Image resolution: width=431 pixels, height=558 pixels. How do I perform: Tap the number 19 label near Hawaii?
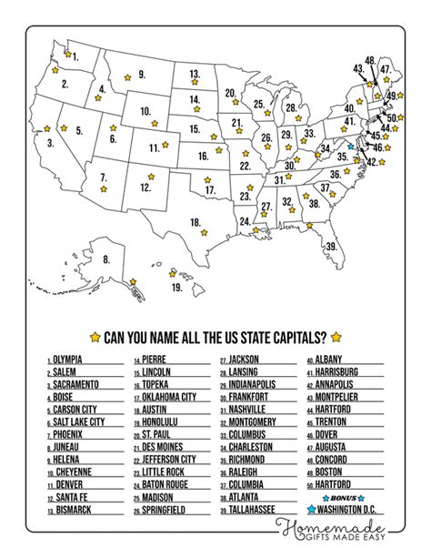(x=176, y=288)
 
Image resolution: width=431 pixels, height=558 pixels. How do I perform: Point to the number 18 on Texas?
(x=195, y=222)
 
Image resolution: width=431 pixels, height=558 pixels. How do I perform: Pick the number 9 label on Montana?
(x=142, y=74)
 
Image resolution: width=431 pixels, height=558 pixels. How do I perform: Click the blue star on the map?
(x=349, y=145)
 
